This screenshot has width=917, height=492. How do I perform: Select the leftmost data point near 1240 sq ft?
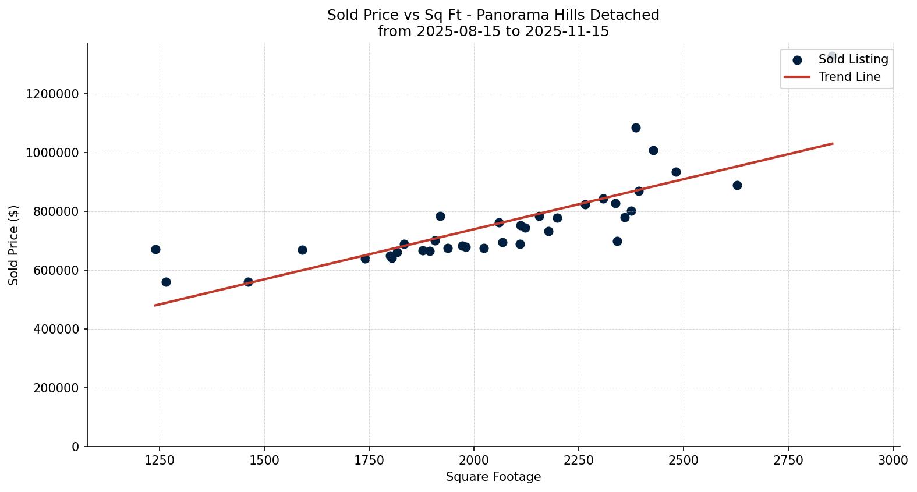[x=155, y=249]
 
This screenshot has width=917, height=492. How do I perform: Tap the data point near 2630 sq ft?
[x=737, y=185]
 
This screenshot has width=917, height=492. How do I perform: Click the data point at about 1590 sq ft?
[x=302, y=250]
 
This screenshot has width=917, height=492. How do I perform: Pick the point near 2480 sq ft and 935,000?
[x=676, y=172]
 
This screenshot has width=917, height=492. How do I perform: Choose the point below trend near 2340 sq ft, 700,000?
[x=617, y=241]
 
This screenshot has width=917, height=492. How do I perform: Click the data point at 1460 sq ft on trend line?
[x=248, y=282]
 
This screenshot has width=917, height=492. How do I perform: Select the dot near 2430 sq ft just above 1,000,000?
[x=653, y=150]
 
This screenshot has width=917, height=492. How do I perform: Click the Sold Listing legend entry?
[x=853, y=59]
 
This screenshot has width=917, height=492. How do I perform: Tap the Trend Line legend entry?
[x=849, y=77]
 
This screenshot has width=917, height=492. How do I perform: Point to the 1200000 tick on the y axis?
[x=52, y=94]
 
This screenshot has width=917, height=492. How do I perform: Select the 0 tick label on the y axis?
[x=75, y=447]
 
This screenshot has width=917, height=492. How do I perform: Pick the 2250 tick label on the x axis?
[x=579, y=460]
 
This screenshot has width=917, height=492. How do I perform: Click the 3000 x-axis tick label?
[x=893, y=460]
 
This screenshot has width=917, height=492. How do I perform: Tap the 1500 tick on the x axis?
[x=264, y=460]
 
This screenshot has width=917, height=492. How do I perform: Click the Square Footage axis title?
[x=493, y=477]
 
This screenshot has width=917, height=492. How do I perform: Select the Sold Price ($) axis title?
[x=14, y=245]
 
